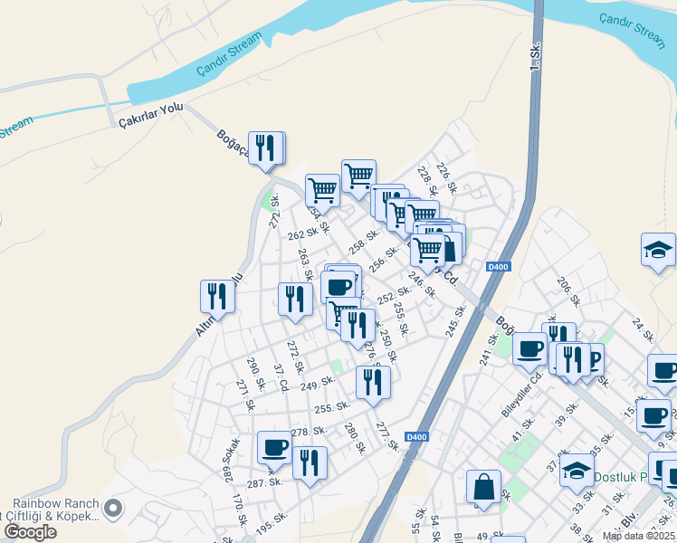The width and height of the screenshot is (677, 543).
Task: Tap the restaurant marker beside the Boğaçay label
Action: [265, 149]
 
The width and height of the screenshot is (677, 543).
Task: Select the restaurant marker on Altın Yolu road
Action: [217, 296]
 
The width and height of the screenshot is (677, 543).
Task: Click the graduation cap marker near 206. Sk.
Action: [658, 251]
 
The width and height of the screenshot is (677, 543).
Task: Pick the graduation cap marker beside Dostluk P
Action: [577, 470]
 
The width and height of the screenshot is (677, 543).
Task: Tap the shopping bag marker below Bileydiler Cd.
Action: [483, 487]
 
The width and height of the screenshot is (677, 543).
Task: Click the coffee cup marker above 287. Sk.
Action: [274, 446]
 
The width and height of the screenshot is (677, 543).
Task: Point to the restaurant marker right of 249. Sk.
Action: [372, 382]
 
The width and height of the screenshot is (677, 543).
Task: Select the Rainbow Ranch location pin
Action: [113, 510]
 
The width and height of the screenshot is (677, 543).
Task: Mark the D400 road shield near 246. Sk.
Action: [498, 266]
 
